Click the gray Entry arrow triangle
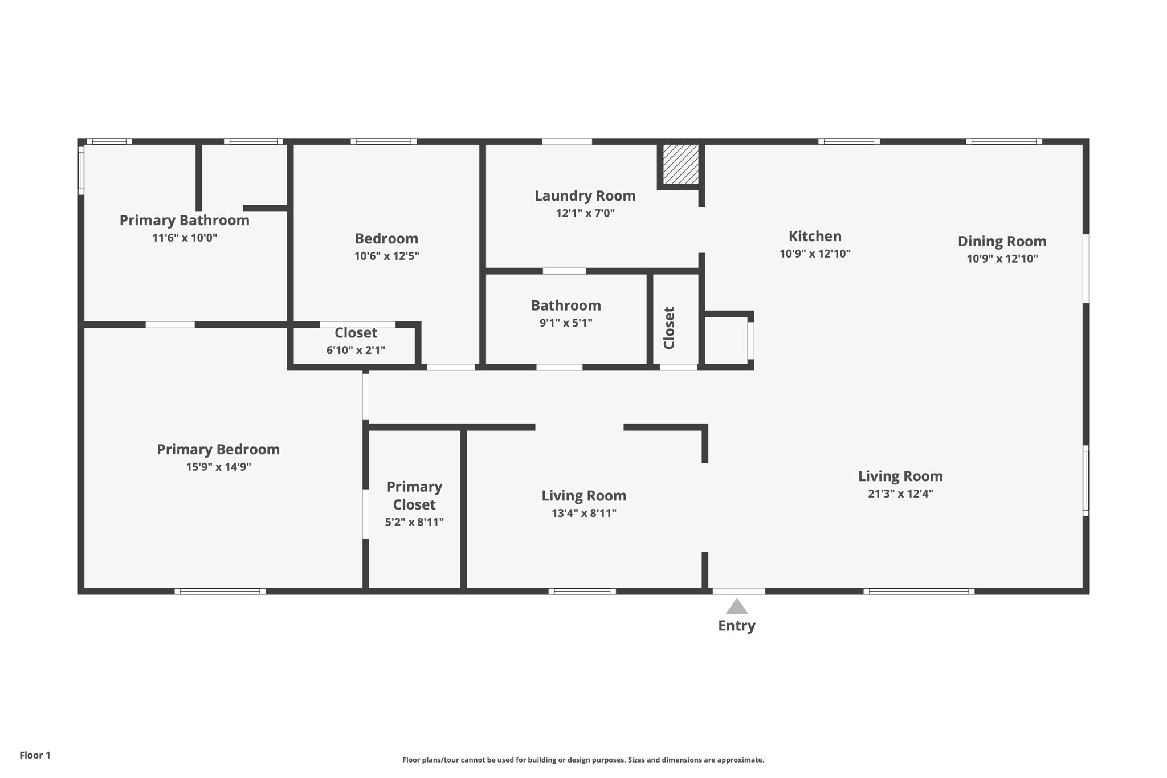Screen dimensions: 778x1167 (736, 608)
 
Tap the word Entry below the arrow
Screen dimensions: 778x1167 (736, 626)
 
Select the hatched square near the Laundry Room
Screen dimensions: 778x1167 (680, 164)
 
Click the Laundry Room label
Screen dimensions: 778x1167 (585, 196)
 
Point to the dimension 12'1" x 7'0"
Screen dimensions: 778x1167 (585, 214)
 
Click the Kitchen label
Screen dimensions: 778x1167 (814, 237)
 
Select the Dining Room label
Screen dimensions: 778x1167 (1001, 242)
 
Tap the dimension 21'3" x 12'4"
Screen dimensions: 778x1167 (900, 494)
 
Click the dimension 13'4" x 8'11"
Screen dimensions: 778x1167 (583, 514)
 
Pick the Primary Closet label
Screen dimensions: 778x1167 (414, 496)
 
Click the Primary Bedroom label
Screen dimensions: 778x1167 (218, 450)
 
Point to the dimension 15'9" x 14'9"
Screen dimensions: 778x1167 (218, 467)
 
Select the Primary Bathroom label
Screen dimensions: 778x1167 (184, 221)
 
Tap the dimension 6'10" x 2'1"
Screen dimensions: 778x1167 (356, 351)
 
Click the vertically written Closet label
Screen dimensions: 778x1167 (669, 328)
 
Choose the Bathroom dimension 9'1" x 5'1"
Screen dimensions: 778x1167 (565, 323)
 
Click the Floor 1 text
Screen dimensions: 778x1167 (35, 755)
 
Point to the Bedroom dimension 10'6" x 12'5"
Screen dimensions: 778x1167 (386, 256)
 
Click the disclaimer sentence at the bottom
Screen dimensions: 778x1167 (583, 760)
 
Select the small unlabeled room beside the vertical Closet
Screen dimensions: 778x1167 (725, 340)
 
